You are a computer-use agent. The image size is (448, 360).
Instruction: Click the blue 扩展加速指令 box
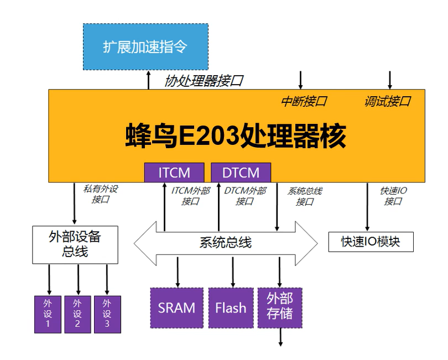(145, 46)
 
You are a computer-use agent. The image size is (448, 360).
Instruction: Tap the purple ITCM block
(174, 173)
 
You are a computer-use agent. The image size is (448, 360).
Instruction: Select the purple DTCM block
(241, 173)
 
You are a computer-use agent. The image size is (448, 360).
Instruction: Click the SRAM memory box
(176, 307)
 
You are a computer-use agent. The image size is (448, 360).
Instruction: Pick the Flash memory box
(231, 307)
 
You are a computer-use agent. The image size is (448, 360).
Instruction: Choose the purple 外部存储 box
(280, 307)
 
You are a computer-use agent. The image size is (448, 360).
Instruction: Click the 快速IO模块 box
(371, 242)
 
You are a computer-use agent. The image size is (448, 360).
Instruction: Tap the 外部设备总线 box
(75, 244)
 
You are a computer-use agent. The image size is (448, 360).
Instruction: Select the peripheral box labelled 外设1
(48, 314)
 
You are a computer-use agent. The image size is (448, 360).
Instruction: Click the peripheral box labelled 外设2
(77, 314)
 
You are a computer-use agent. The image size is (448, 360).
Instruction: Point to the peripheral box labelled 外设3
(107, 314)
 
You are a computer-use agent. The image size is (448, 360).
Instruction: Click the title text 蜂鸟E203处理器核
(236, 134)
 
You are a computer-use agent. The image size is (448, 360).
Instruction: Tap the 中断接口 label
(304, 101)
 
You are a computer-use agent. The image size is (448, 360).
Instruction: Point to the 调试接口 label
(387, 101)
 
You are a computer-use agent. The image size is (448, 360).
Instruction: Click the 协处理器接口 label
(204, 81)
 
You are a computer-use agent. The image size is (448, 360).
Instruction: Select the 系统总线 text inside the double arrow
(225, 242)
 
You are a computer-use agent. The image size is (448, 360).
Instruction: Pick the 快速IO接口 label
(393, 195)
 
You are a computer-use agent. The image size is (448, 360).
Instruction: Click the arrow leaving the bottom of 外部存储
(280, 337)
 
